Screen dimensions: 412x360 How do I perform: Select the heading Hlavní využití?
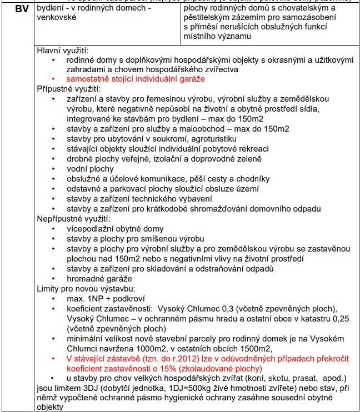coord(63,50)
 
